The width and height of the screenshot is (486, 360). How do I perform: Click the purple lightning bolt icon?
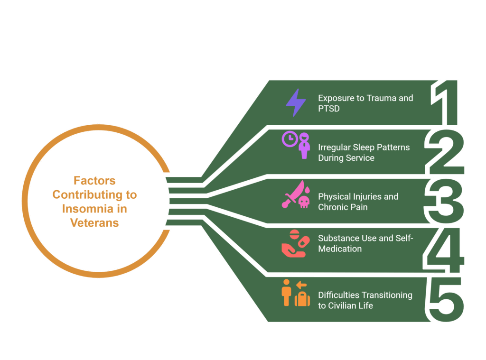[x=296, y=102]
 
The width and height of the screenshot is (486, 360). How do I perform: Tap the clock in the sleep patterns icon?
[x=290, y=139]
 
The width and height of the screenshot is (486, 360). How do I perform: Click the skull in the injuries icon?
[x=304, y=202]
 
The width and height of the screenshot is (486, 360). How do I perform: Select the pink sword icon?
[x=293, y=194]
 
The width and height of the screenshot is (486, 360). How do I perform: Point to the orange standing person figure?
[x=286, y=293]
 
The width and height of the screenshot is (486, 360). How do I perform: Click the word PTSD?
[x=329, y=109]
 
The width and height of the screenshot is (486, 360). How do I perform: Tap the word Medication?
[x=340, y=249]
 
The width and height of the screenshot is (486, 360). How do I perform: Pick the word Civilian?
[x=342, y=306]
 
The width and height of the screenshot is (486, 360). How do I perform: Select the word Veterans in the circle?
[x=94, y=223]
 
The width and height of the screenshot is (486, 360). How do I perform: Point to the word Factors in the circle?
[x=94, y=181]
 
